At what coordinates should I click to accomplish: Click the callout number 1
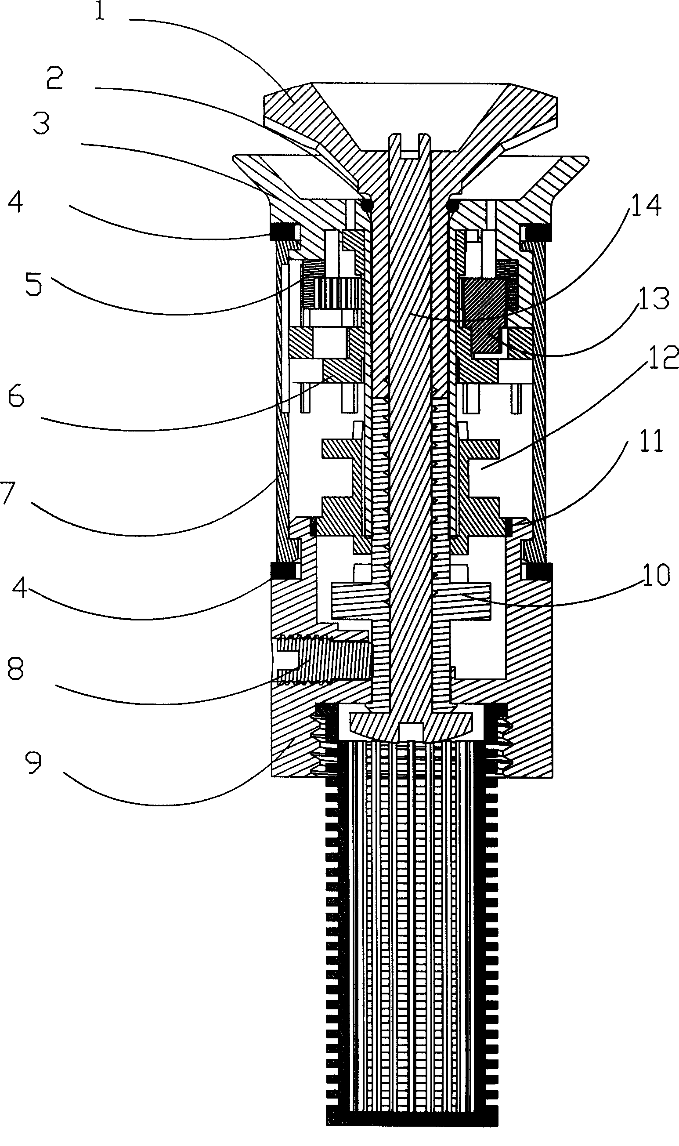click(100, 11)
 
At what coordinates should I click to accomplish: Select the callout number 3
click(41, 123)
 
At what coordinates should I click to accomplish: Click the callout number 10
click(656, 575)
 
